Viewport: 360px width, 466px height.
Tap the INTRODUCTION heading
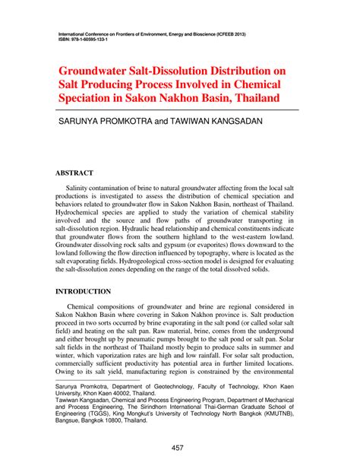(85, 291)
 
